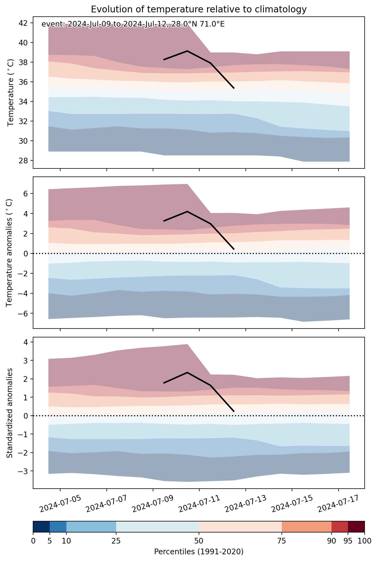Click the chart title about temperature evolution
click(199, 9)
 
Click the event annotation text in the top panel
click(133, 24)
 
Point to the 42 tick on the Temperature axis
click(23, 23)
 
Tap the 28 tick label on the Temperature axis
click(23, 161)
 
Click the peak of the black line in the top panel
click(187, 51)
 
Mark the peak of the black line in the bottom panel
click(187, 372)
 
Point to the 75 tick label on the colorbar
click(282, 541)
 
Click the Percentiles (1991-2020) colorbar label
click(199, 552)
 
